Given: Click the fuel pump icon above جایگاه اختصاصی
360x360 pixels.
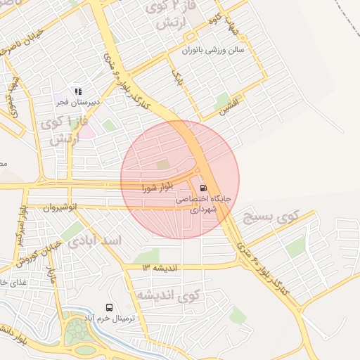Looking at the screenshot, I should point(203,188).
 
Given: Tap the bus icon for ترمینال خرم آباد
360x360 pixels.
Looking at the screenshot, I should point(109,307).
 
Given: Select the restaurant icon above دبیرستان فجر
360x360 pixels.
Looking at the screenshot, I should point(78,91).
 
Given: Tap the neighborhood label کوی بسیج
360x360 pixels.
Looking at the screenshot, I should point(271,217).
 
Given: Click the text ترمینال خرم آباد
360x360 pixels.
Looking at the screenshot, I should point(124,319).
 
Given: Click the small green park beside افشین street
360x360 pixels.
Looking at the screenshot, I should point(223,99).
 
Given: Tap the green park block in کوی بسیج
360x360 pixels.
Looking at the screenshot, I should point(296,247).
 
